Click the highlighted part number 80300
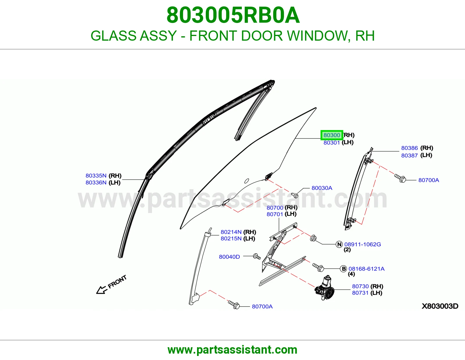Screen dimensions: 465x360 coord(332,135)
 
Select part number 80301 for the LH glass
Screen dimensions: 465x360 coord(332,143)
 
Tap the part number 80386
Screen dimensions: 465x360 coord(409,148)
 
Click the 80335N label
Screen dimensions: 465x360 coord(96,176)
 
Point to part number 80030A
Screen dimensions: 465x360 coord(322,188)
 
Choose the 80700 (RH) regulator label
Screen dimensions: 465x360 coord(282,208)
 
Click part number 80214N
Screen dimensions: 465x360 coord(231,232)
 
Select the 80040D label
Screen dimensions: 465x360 coord(229,257)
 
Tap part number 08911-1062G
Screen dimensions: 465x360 coord(362,244)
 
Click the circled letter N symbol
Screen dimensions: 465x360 coord(339,244)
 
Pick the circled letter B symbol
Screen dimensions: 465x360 coord(344,269)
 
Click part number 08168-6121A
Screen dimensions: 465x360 coord(366,269)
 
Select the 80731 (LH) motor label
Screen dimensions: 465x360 coord(367,293)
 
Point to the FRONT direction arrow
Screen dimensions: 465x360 coord(102,290)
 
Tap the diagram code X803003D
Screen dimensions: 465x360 coord(440,306)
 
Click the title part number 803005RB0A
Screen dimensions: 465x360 coord(233,15)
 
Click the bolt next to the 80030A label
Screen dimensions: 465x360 coord(295,195)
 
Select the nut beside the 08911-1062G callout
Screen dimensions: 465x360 coord(313,238)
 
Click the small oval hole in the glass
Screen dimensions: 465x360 coord(246,181)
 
